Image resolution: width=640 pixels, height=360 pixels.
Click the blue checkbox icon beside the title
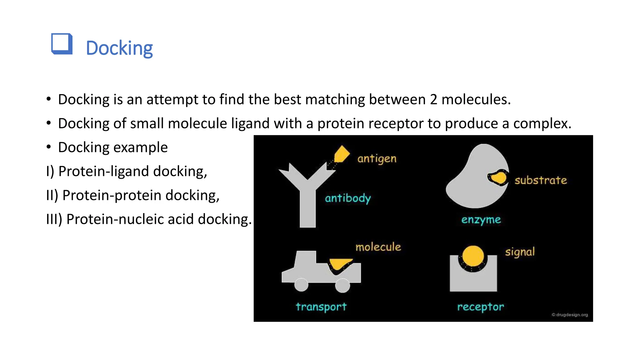[62, 44]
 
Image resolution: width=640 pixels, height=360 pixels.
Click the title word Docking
[119, 48]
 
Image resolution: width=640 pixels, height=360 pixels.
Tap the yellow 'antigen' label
[377, 159]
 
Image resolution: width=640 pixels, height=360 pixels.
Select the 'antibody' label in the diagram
[348, 198]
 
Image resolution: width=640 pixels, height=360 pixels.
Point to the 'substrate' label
[541, 180]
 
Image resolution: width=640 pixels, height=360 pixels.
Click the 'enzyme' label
[481, 220]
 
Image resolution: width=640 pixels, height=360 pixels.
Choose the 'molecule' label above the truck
[378, 247]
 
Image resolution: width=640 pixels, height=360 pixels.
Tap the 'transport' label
[321, 307]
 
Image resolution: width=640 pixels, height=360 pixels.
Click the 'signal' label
[520, 252]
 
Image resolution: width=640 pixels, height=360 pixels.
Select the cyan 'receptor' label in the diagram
[480, 307]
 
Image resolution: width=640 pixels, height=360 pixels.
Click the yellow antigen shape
[342, 154]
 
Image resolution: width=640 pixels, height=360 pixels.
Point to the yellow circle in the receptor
[473, 256]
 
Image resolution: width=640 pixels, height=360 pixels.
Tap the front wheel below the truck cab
[301, 285]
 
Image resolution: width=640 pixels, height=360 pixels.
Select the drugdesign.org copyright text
[570, 315]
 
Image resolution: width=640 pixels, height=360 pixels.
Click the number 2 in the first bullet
[433, 99]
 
